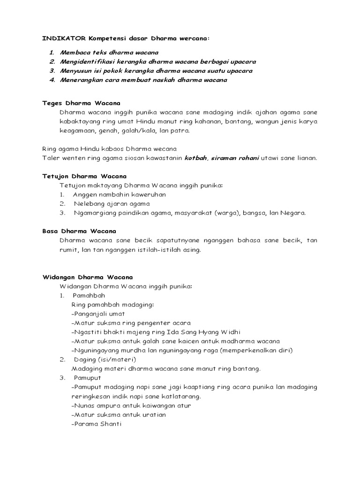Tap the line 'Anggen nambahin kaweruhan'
click(x=119, y=195)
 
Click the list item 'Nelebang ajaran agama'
click(x=112, y=203)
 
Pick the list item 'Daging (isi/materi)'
click(x=105, y=360)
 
